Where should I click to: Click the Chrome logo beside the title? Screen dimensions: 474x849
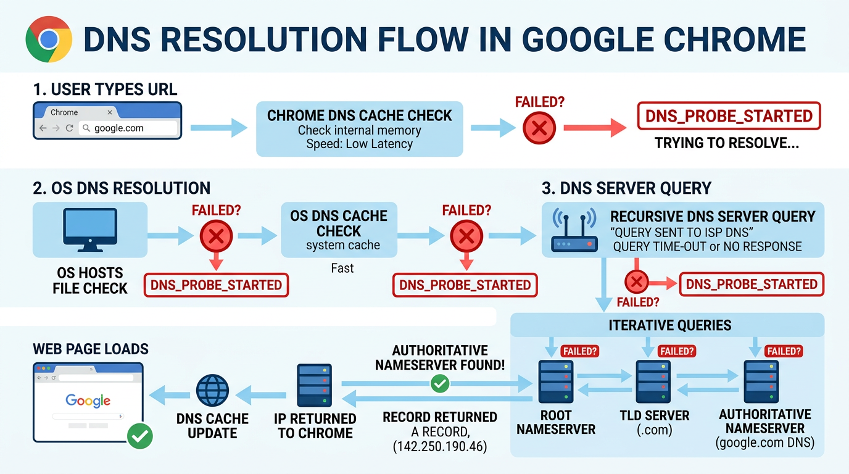click(49, 39)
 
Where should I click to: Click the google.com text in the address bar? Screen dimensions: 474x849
click(118, 128)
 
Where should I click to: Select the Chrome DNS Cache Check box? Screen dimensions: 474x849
click(359, 129)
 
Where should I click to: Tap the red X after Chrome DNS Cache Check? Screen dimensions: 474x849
click(539, 128)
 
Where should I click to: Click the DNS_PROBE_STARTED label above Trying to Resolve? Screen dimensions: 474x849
click(729, 116)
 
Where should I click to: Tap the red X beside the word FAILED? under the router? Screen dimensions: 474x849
click(636, 283)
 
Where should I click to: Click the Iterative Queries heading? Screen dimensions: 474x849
click(669, 325)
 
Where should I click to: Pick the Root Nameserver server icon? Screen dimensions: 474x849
click(555, 382)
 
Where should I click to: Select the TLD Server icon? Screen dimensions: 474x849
click(653, 382)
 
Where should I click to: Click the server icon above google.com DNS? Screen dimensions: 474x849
click(761, 382)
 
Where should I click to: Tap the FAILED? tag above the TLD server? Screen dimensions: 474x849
click(677, 351)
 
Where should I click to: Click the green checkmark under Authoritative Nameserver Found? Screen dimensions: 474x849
click(439, 385)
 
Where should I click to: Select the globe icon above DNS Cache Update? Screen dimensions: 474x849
click(212, 390)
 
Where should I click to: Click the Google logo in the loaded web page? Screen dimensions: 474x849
click(88, 401)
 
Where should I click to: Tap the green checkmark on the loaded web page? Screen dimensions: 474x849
click(139, 436)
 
